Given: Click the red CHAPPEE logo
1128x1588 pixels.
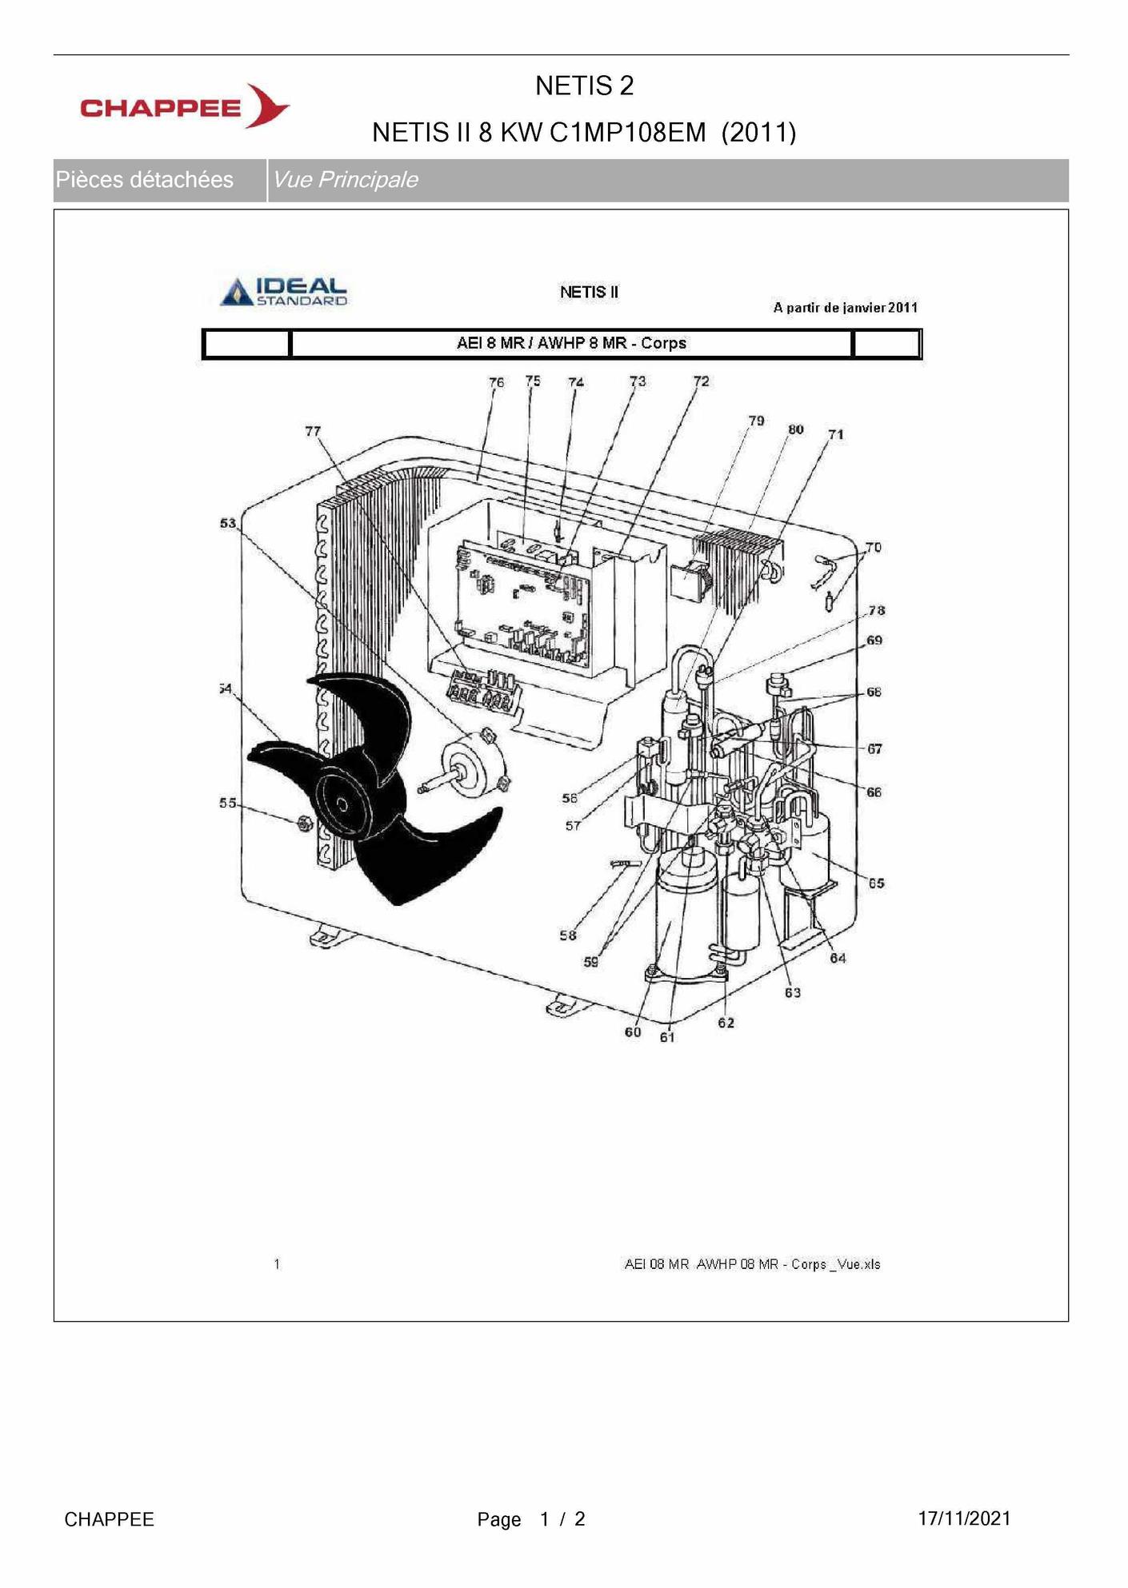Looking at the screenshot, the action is (x=185, y=106).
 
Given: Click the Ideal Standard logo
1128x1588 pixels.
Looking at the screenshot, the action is (x=285, y=291).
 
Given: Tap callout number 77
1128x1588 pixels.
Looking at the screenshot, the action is (x=313, y=431).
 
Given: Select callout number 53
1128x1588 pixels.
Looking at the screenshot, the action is (x=228, y=523).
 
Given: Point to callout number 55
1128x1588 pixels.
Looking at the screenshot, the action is (x=228, y=803).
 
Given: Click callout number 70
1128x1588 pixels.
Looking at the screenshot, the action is (x=874, y=548).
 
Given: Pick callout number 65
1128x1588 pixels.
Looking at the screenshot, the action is (x=876, y=884).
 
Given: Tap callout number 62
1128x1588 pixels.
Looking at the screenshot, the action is (x=726, y=1023).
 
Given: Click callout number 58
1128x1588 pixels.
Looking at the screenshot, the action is (x=567, y=936).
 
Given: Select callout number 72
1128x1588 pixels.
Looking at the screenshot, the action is (x=701, y=381).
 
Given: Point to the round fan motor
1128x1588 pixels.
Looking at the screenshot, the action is (x=472, y=766).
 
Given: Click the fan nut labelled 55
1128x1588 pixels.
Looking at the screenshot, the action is (x=304, y=823).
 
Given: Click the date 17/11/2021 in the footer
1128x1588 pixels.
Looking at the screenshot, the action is (x=964, y=1518).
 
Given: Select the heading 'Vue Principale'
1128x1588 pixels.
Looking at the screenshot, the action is (x=345, y=179).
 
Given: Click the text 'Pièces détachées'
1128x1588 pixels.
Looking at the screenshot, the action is (x=144, y=179).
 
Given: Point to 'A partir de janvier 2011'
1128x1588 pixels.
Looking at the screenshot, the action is (x=846, y=308).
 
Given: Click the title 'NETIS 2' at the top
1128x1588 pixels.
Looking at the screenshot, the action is (x=584, y=86).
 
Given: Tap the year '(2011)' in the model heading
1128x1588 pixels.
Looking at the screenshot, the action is (x=758, y=132).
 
